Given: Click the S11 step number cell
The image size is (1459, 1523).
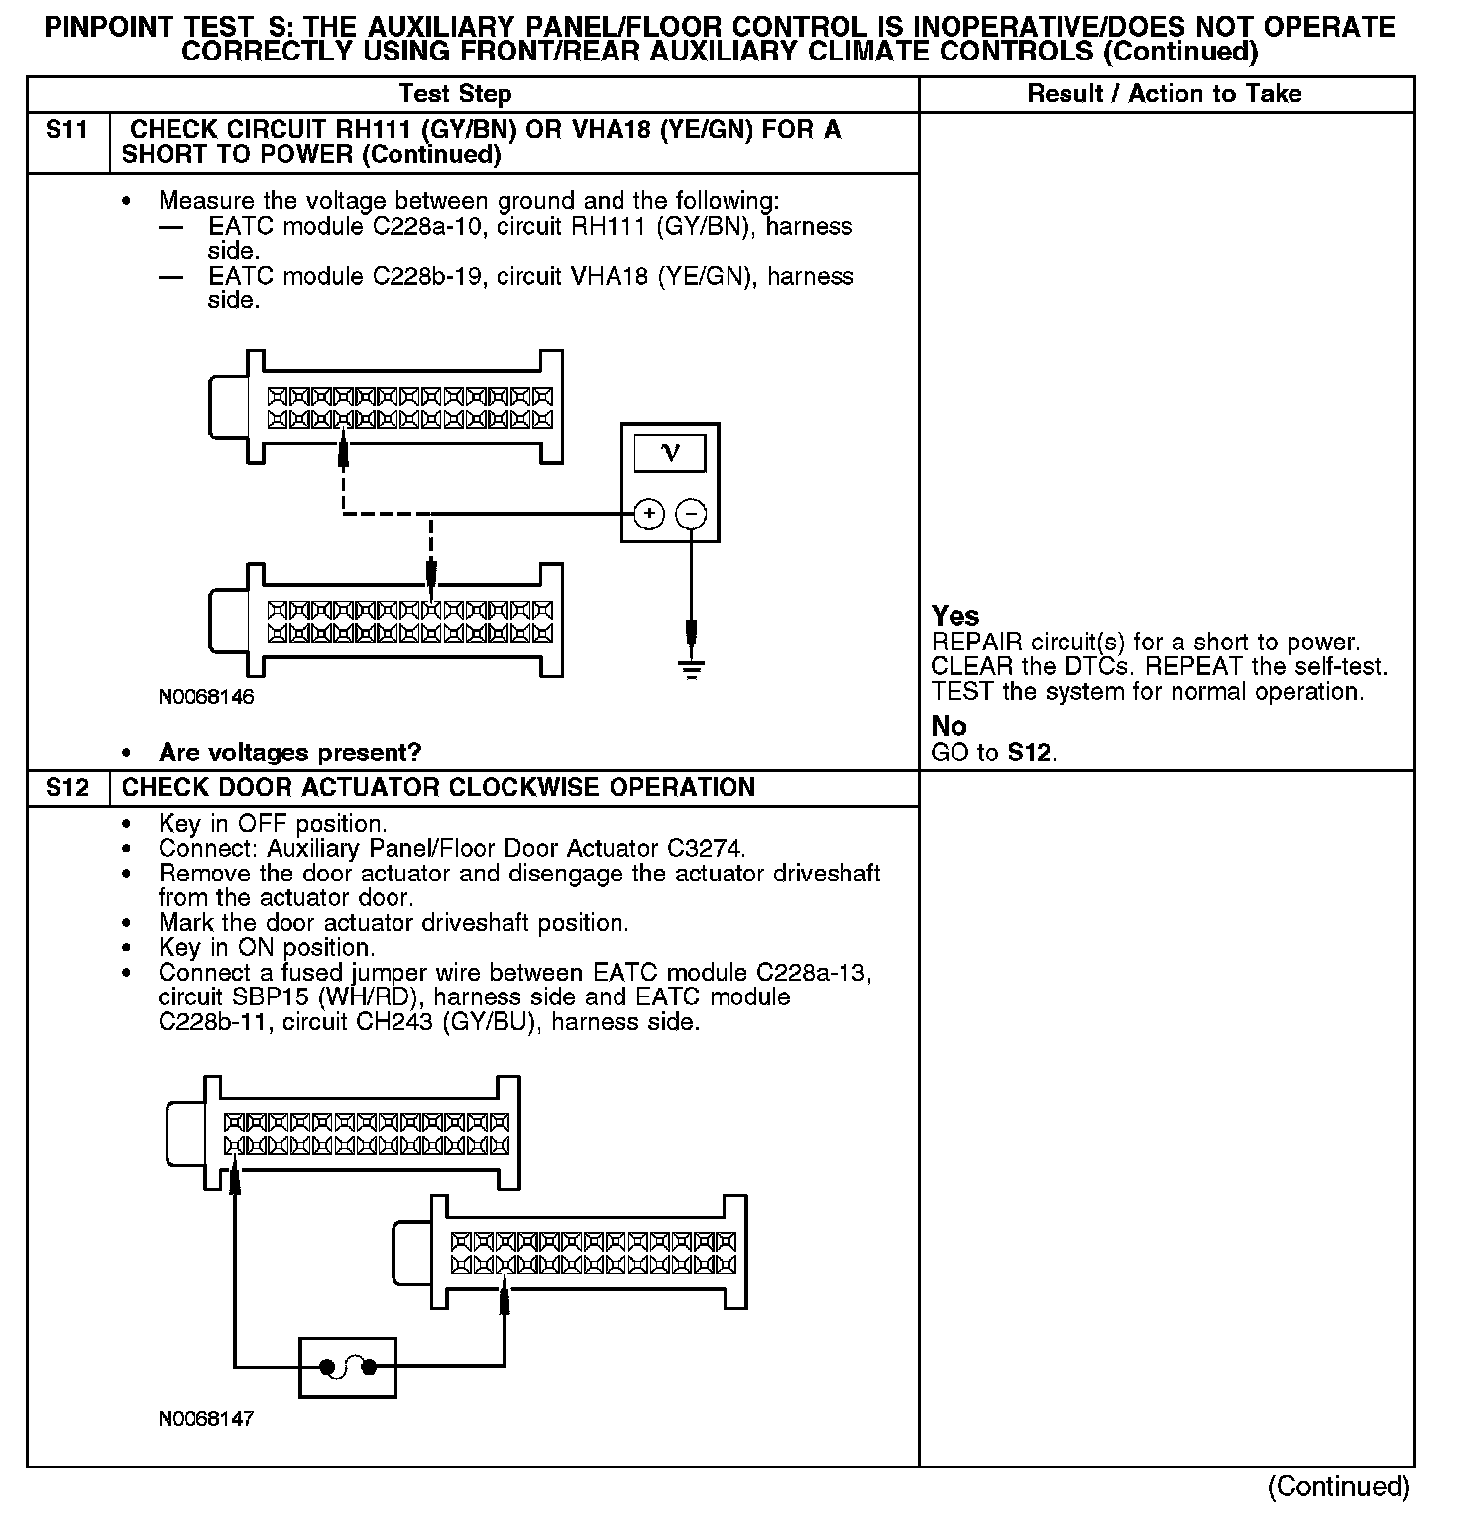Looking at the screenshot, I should coord(66,131).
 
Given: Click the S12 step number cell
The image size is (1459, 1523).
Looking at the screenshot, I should coord(66,788).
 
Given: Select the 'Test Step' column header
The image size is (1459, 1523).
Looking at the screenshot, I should coord(455,94).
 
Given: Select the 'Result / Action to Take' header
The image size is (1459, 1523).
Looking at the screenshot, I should coord(1165,94).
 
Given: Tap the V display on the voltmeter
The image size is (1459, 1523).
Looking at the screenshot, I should coord(670,454).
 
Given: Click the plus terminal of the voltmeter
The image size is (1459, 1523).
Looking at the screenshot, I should coord(649,514).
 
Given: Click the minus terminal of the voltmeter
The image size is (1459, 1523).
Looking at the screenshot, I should coord(691,514).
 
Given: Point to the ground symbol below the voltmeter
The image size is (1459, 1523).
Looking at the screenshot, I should coord(692,668).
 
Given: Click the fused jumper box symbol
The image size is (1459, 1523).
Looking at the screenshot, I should coord(347,1368).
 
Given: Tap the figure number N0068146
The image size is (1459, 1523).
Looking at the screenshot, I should coord(206,697).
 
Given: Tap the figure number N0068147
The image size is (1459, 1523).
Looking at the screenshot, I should coord(206,1419).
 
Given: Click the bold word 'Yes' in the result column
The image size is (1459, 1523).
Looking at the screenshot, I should coord(955,616).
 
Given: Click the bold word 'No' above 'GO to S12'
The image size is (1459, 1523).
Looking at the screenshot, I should coord(949,726).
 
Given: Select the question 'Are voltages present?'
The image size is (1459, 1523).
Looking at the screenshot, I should coord(289,752).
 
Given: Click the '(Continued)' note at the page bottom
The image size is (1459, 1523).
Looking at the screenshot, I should coord(1338,1486).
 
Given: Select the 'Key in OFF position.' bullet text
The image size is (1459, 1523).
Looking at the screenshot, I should coord(273,824).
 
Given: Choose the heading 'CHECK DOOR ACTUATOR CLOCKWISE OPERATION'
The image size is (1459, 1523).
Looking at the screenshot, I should coord(438,788).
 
